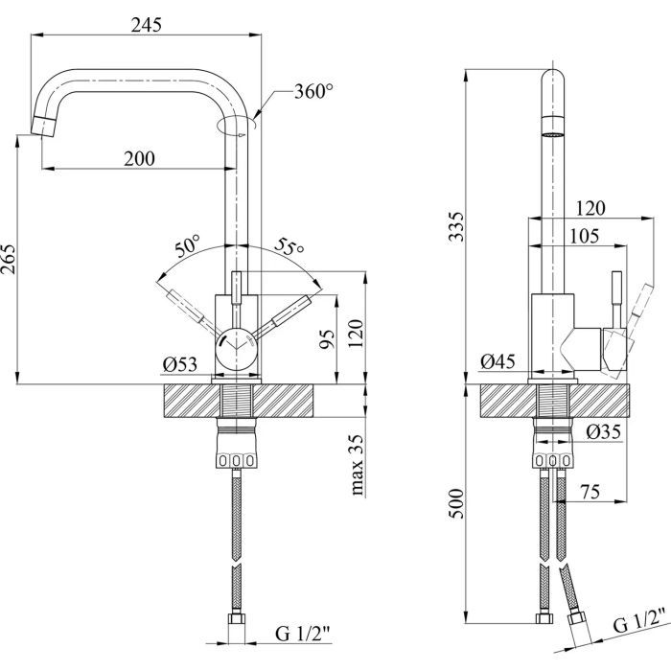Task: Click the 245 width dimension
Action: coord(147,26)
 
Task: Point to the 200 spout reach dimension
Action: coord(140,159)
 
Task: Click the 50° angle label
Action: coord(187,244)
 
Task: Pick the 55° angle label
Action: coord(289,246)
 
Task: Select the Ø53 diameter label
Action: coord(181,363)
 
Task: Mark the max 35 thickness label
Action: coord(358,466)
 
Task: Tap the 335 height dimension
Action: coord(455,226)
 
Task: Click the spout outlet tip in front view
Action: coord(44,124)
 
